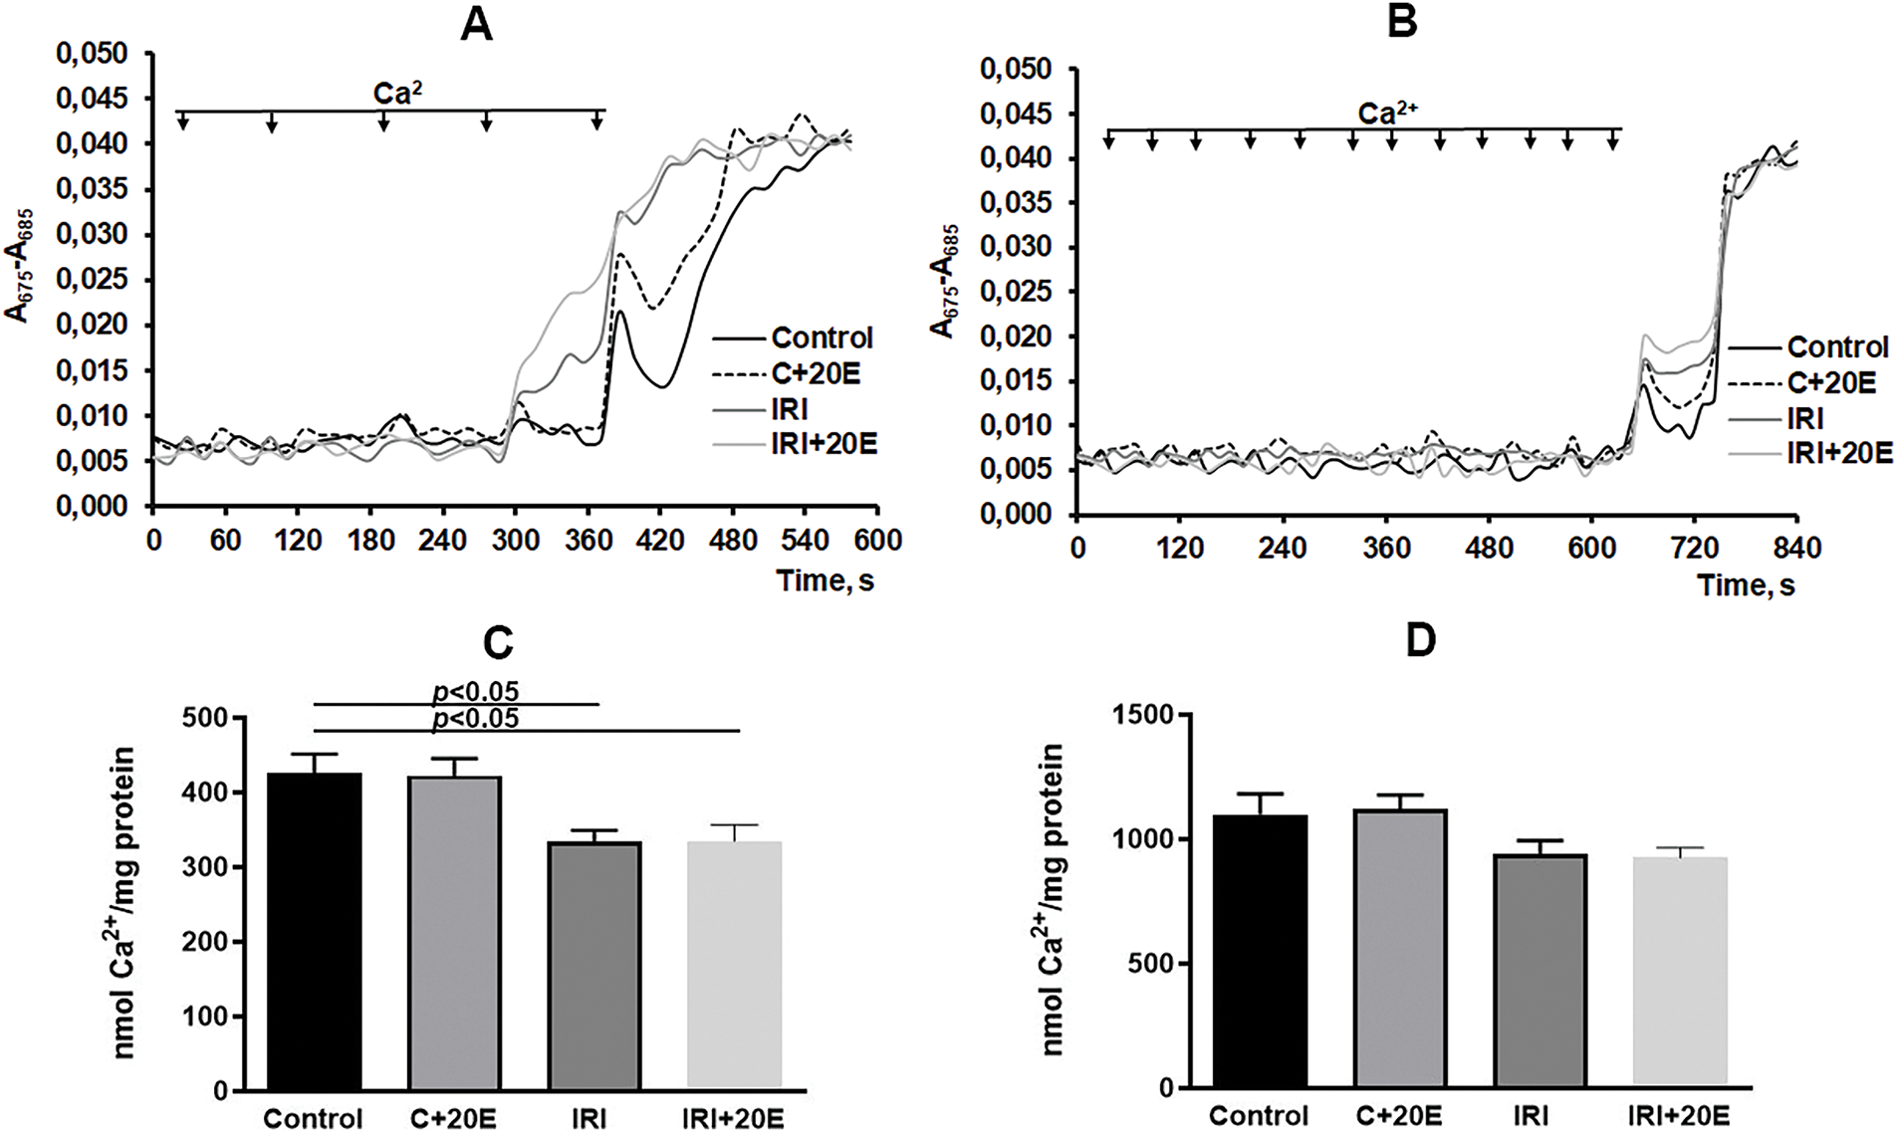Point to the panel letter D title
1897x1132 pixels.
coord(1420,641)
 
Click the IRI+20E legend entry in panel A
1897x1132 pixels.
coord(824,443)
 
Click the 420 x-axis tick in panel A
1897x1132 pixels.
coord(660,541)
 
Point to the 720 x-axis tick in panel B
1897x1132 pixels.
coord(1693,549)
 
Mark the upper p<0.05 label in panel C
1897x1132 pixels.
coord(476,691)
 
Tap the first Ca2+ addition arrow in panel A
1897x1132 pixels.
coord(182,121)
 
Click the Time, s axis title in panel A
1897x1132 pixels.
coord(825,579)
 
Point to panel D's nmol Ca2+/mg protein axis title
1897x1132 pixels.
coord(1055,899)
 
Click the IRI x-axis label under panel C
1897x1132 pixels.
coord(589,1118)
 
